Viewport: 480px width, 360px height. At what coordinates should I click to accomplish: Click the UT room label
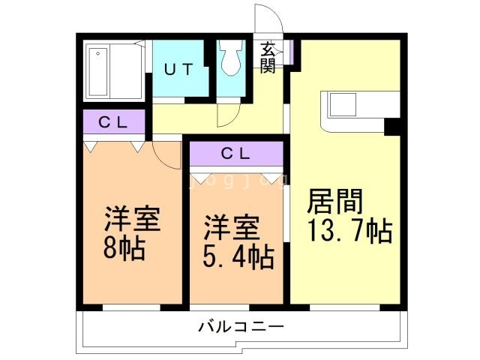179,69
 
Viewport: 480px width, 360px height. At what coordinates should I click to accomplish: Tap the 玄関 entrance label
268,58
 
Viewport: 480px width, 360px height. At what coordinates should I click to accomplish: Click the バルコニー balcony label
241,328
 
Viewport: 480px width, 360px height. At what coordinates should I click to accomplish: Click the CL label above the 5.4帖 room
236,154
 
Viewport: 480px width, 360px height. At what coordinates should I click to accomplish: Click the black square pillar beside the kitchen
391,127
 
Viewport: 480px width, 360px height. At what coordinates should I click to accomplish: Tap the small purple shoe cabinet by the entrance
286,50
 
